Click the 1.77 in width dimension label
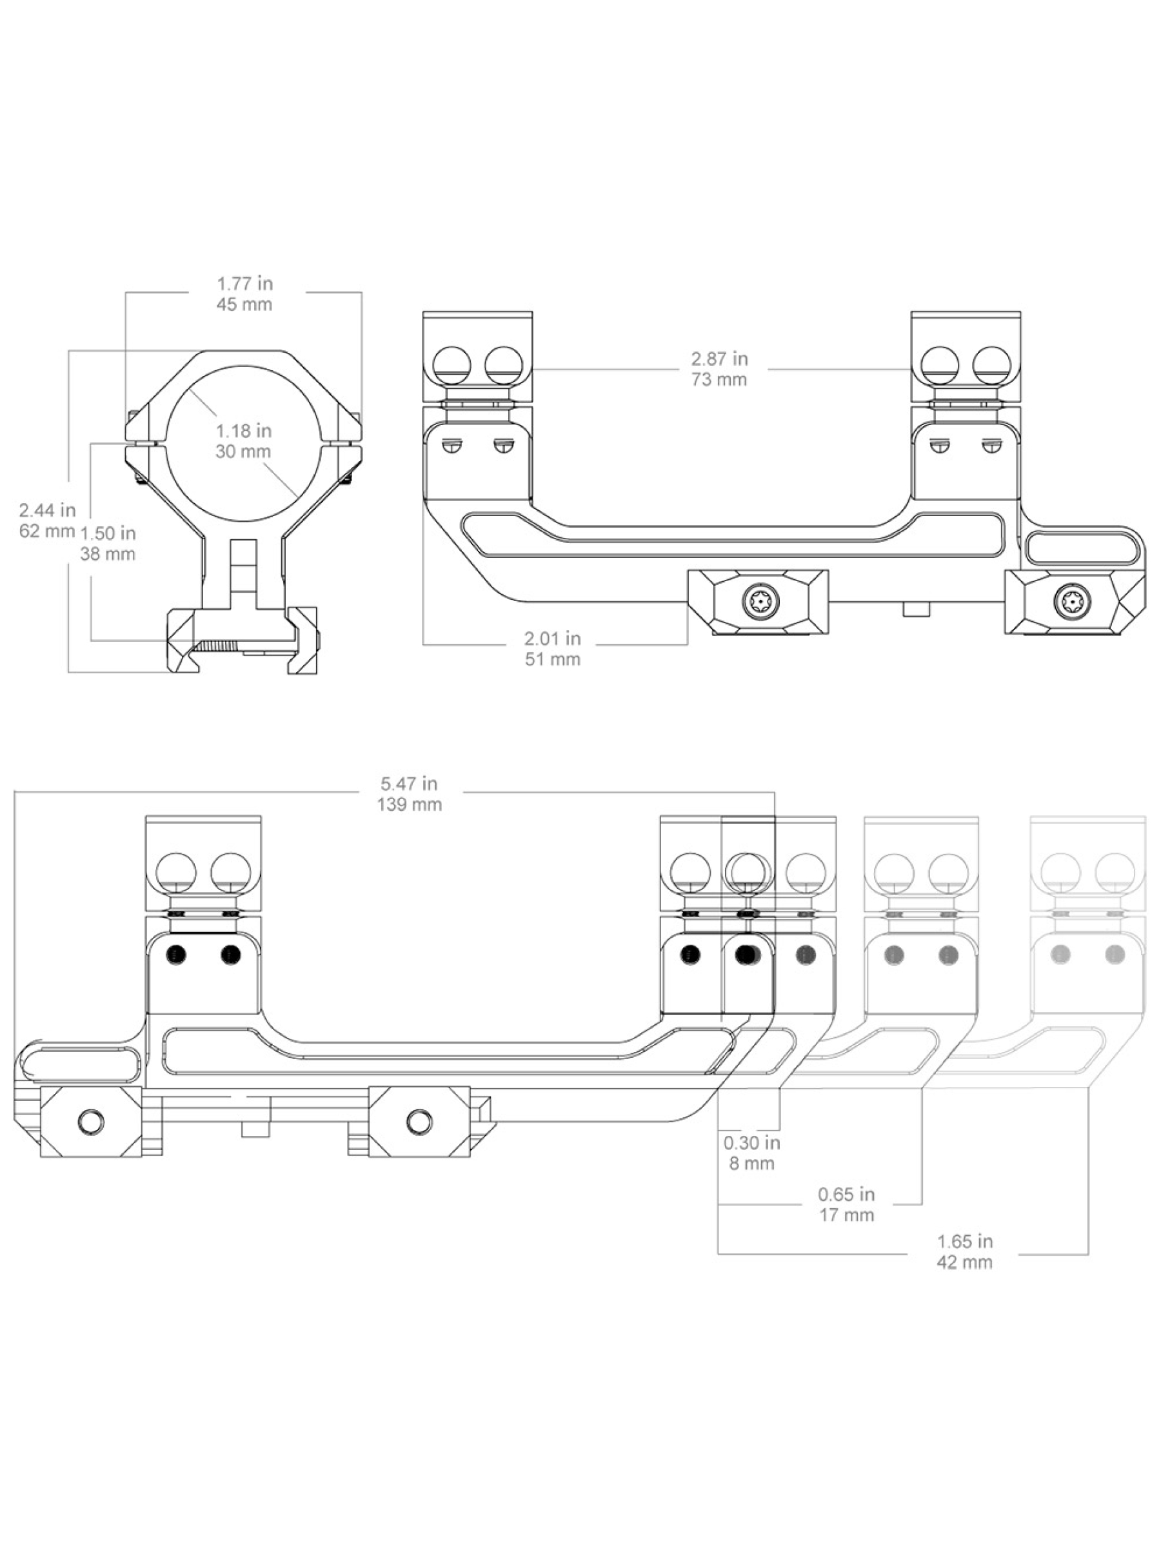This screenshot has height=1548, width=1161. tap(244, 294)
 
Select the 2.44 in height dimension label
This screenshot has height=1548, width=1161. tap(47, 520)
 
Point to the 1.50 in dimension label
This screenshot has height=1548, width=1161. tap(107, 543)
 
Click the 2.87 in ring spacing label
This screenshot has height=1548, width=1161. tap(719, 369)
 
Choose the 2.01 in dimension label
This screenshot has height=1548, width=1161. tap(553, 649)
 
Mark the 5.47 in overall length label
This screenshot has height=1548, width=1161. tap(410, 793)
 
